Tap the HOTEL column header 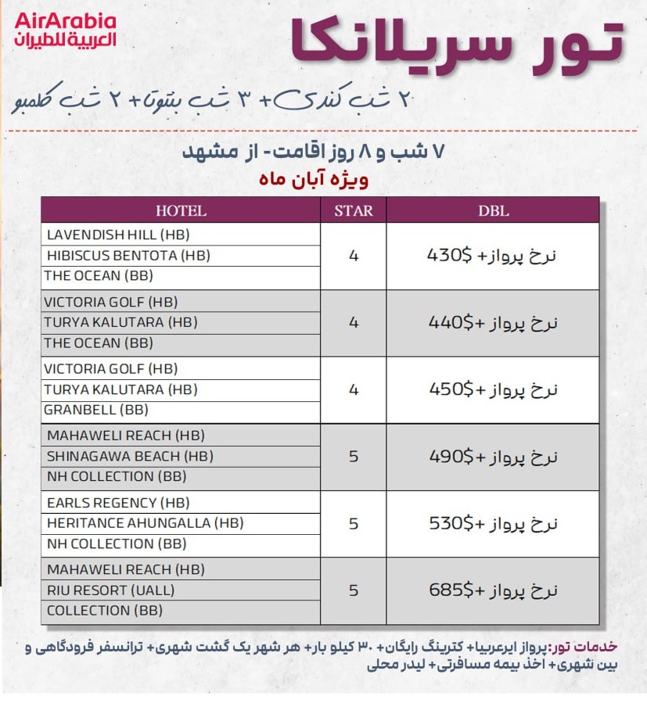coord(181,210)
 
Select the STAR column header coord(354,210)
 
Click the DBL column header coord(493,210)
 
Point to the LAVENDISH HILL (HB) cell coord(118,235)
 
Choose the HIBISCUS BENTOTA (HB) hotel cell coord(128,256)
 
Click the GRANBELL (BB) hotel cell coord(96,410)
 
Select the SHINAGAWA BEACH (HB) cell coord(130,456)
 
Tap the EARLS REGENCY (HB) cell coord(118,503)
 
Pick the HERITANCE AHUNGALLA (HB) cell coord(145,523)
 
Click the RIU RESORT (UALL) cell coord(110,590)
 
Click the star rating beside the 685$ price coord(354,590)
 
